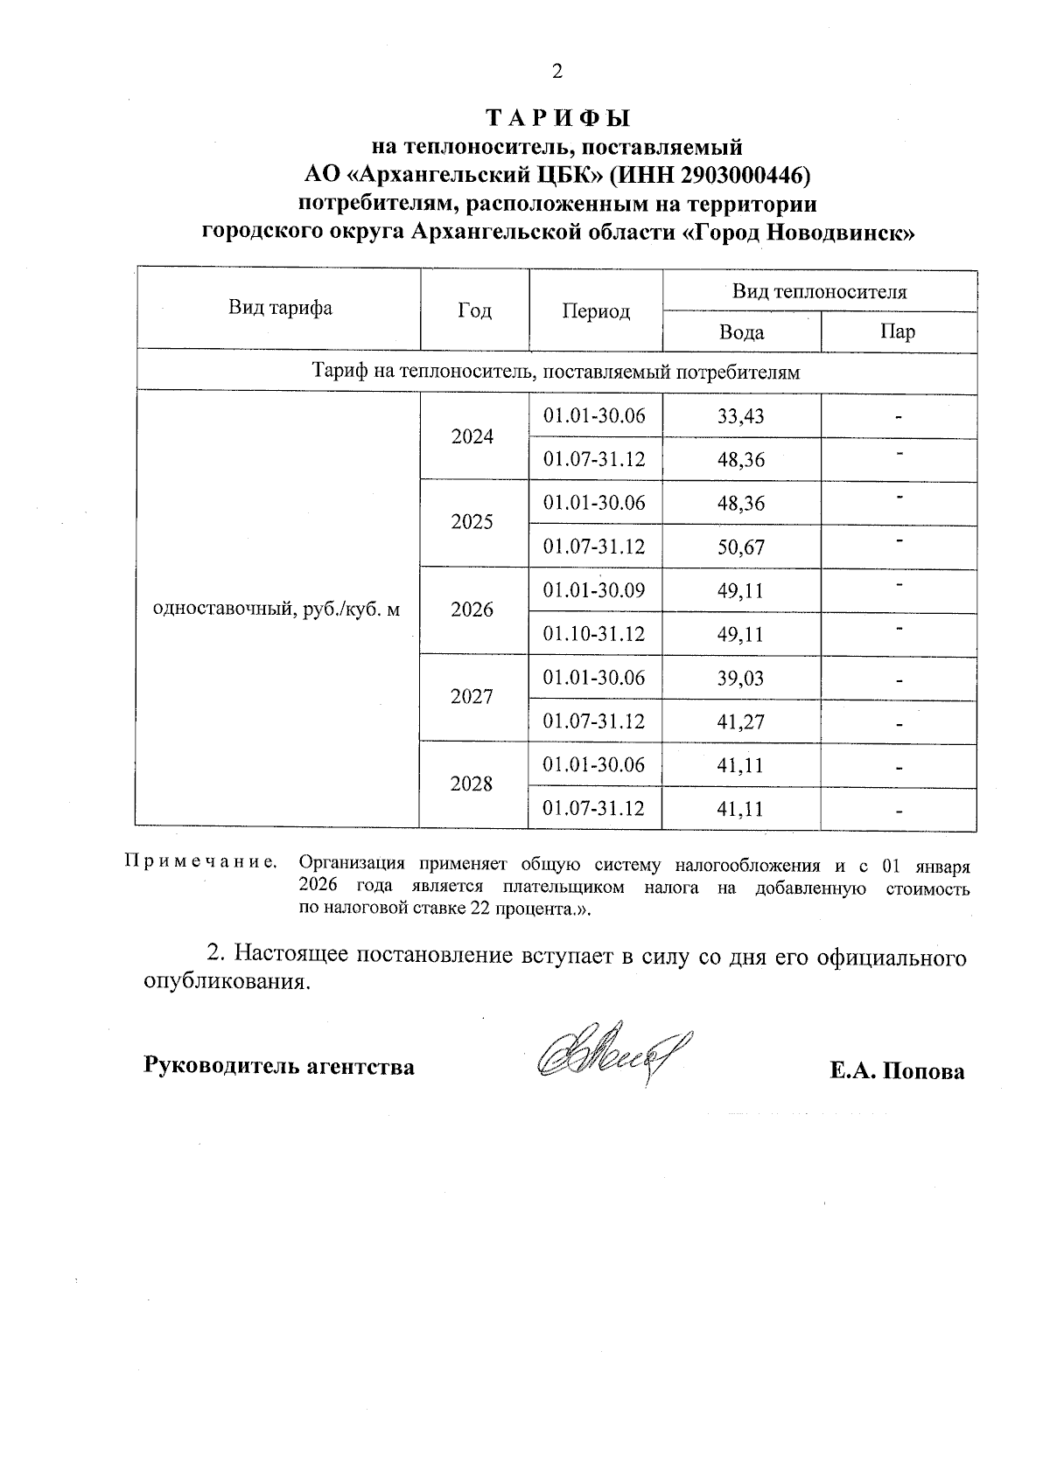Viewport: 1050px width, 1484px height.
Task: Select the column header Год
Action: coord(474,310)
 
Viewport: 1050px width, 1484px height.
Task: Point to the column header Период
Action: coord(596,311)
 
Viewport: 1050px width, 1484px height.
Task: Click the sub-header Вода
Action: coord(741,332)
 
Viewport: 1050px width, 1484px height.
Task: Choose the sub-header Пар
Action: coord(898,332)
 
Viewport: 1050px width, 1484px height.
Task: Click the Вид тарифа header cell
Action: coord(280,308)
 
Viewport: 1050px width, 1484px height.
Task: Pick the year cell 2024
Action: coord(472,436)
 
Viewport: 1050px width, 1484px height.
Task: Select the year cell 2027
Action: coord(472,697)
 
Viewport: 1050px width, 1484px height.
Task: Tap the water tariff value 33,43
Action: coord(740,416)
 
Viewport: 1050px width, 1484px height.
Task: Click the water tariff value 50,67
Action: coord(740,547)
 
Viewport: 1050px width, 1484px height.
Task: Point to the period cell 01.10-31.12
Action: coord(594,633)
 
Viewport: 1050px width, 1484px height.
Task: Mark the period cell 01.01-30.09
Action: coord(594,590)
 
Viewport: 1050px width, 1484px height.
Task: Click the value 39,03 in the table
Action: coord(740,679)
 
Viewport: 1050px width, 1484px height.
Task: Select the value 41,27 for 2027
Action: coord(740,722)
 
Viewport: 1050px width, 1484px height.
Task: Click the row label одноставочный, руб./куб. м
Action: coord(276,609)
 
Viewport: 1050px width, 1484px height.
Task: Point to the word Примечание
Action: coord(200,862)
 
